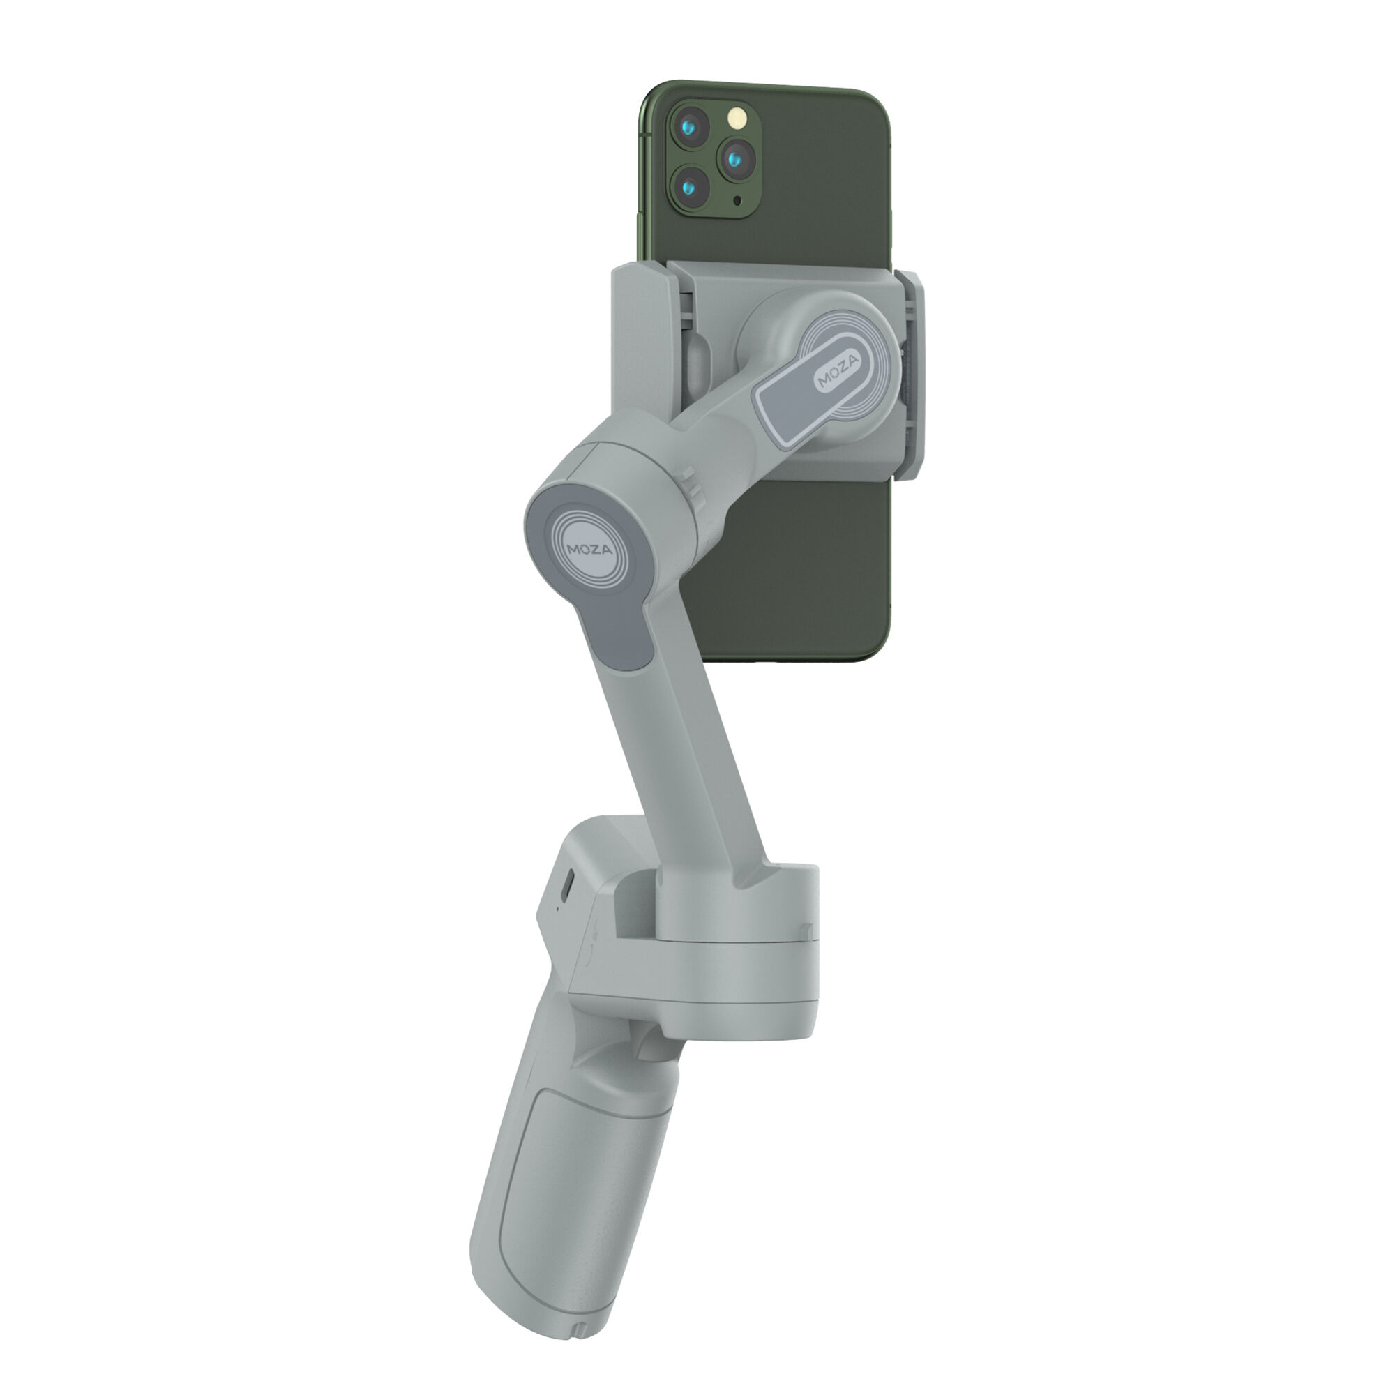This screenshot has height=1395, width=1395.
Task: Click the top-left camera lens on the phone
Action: [x=691, y=128]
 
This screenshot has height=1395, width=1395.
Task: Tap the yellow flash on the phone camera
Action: [x=736, y=117]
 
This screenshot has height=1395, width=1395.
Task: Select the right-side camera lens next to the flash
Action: [x=736, y=159]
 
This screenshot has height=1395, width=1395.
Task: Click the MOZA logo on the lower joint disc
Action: [x=590, y=550]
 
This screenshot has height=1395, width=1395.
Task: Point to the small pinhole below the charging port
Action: [x=557, y=909]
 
